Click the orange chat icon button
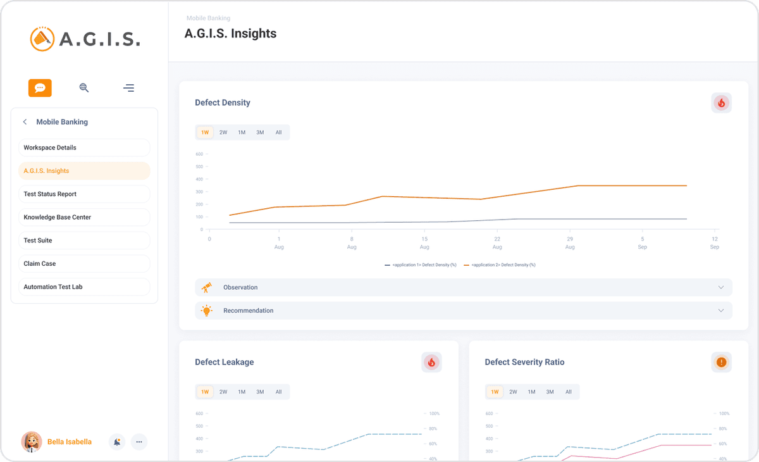click(40, 88)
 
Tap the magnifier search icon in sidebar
click(84, 88)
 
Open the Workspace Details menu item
click(84, 147)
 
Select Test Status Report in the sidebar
click(84, 194)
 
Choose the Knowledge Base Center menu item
click(84, 217)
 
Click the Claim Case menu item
click(84, 264)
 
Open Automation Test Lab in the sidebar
click(84, 287)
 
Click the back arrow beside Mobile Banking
click(25, 122)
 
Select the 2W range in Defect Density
click(223, 132)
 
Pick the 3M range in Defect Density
click(260, 132)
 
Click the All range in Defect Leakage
click(278, 392)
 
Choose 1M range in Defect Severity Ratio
click(531, 392)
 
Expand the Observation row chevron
click(720, 287)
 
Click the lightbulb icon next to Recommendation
click(207, 311)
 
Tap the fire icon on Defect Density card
click(721, 103)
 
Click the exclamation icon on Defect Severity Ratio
click(721, 363)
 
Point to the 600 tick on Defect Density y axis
click(199, 154)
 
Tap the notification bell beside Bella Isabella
click(117, 442)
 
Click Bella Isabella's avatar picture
click(32, 442)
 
